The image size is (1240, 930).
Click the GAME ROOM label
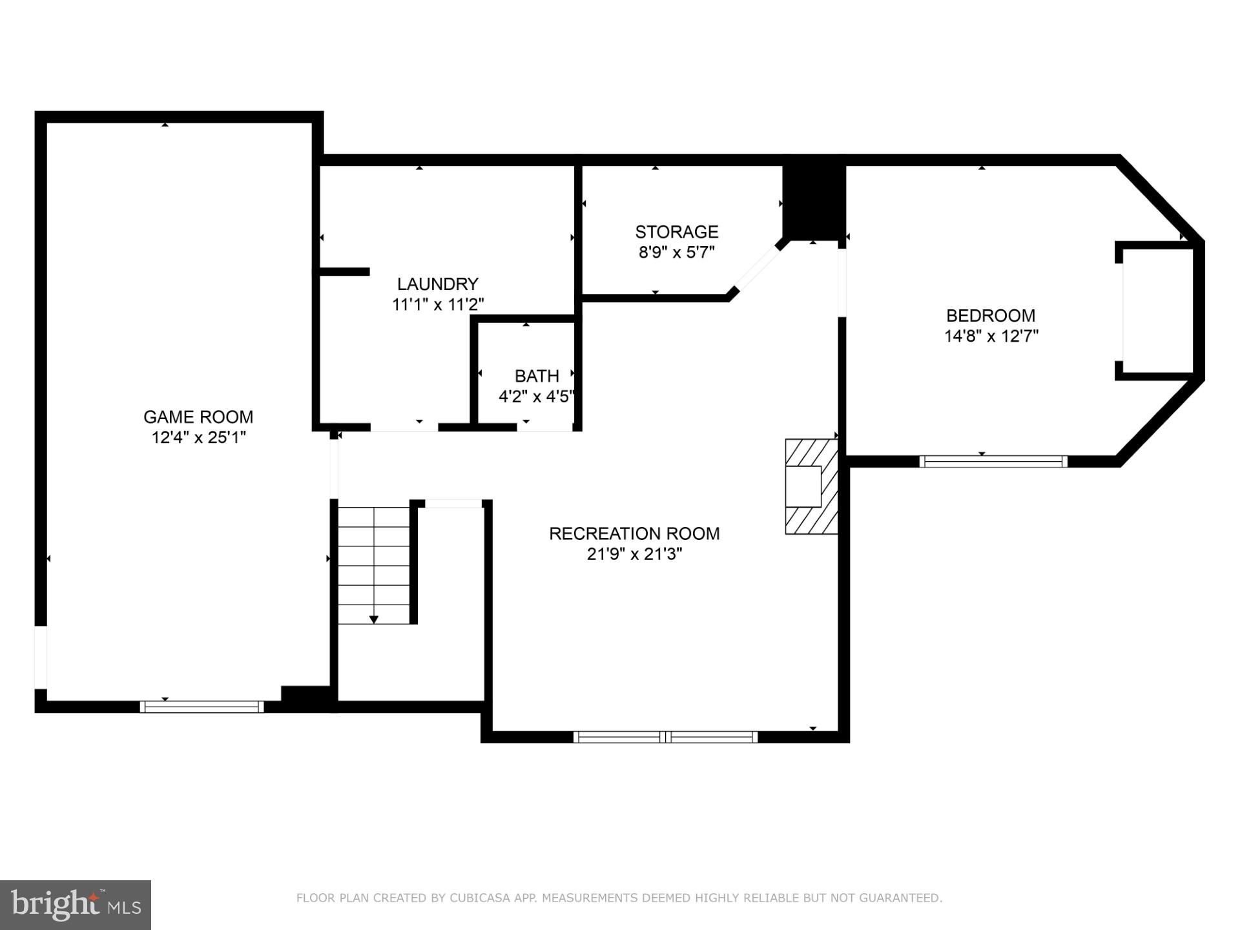point(198,417)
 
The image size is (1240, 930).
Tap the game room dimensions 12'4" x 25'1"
point(198,438)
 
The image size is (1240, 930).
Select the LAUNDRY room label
point(437,284)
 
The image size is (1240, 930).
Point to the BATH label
point(537,376)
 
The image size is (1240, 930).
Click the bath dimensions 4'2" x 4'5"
point(536,397)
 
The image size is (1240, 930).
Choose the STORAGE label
point(676,231)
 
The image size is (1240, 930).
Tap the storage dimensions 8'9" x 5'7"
point(676,253)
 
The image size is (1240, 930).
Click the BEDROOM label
point(990,315)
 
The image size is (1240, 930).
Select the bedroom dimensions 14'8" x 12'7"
point(991,336)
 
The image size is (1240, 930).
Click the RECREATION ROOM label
point(634,533)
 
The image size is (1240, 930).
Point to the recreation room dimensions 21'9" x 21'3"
point(634,554)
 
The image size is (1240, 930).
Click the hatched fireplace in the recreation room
point(811,486)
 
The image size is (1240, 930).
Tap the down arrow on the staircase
point(373,619)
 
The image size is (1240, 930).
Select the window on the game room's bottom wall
point(201,707)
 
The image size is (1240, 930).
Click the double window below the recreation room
point(665,737)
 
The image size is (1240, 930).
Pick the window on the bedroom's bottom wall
point(993,461)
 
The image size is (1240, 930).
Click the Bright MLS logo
point(75,905)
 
